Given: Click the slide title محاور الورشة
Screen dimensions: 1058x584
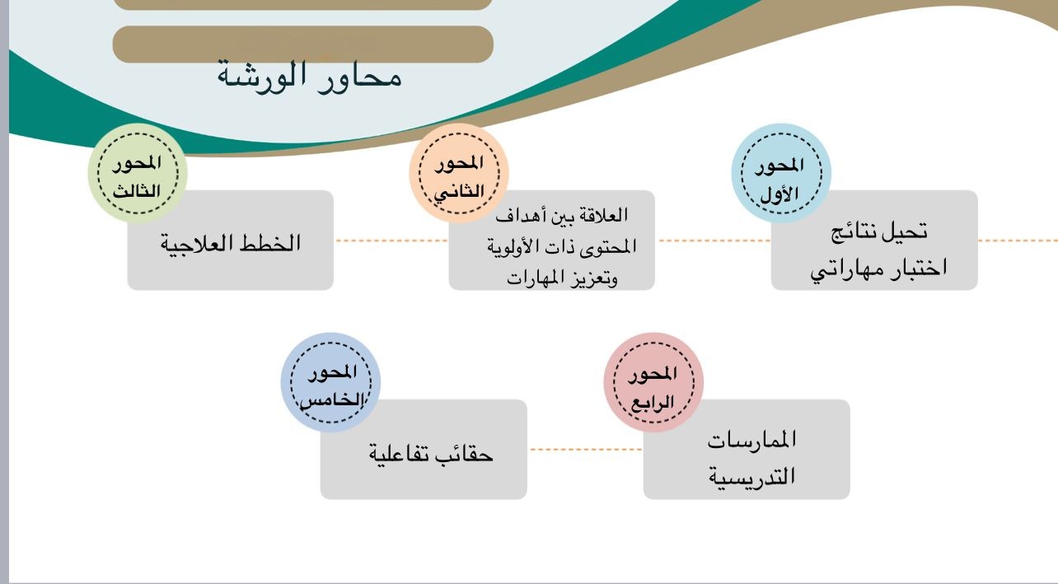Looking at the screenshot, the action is click(309, 77).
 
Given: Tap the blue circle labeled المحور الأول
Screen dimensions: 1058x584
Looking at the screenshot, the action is click(781, 173).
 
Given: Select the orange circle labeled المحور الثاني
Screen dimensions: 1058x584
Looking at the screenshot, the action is click(459, 173).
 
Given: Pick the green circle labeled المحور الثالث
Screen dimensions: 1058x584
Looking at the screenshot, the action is click(138, 173).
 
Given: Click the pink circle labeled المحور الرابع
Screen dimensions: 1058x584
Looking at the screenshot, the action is click(653, 382).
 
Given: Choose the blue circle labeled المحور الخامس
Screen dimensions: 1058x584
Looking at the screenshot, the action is click(330, 382).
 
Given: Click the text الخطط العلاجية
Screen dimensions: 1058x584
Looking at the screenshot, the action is click(231, 243).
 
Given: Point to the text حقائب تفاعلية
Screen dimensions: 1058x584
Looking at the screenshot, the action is click(431, 453).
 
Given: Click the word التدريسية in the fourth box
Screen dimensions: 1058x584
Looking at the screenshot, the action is click(752, 476).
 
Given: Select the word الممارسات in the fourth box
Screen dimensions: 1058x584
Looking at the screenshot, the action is click(752, 440).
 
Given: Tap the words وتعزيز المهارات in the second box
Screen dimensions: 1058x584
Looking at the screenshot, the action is click(562, 278).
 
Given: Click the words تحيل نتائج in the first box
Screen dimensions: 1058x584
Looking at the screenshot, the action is click(879, 231).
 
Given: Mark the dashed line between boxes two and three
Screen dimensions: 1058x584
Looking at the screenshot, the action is click(391, 241).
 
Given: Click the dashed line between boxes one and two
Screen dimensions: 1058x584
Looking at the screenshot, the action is click(714, 241).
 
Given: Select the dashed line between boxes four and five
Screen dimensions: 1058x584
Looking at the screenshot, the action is click(586, 450).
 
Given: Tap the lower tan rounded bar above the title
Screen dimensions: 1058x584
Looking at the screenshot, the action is click(302, 44).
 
